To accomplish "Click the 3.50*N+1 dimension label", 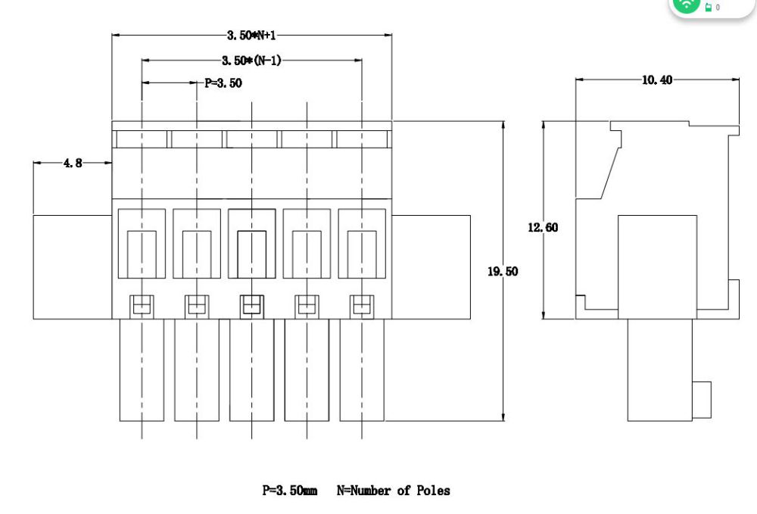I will pos(252,35).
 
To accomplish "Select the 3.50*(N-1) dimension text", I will pos(251,61).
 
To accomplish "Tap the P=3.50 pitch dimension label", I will pos(223,83).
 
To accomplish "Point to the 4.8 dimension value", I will pos(73,163).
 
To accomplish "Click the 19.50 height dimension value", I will pos(503,271).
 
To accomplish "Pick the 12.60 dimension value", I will pos(543,227).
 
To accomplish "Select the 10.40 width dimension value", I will pos(657,79).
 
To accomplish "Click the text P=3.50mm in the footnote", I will pos(290,491).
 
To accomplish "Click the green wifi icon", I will pos(687,5).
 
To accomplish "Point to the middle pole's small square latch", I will pos(251,305).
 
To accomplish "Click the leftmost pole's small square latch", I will pos(142,305).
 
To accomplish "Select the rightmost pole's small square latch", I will pos(361,305).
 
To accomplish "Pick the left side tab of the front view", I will pos(73,266).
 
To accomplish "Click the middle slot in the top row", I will pos(251,139).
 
